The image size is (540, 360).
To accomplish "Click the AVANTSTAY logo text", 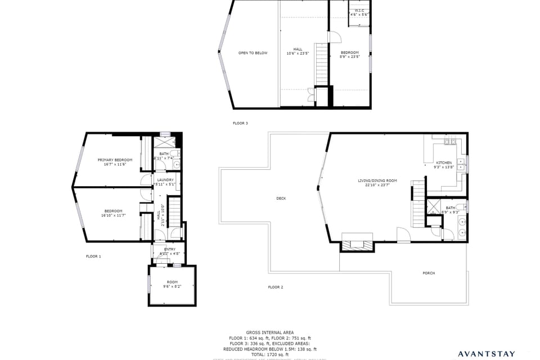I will point(487,354).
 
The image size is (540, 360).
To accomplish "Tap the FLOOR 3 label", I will point(240,123).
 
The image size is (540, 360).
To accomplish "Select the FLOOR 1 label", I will point(93,256).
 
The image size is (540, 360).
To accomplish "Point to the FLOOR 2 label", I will point(275,287).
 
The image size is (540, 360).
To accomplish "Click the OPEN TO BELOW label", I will point(253,53).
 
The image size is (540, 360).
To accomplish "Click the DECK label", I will point(281,198).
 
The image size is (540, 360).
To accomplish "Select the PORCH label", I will point(429,273).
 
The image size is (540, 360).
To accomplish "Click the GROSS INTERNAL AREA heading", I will point(269,332).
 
